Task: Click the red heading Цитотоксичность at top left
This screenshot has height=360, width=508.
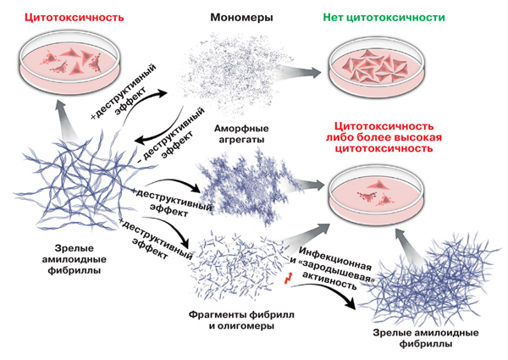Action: pos(75,17)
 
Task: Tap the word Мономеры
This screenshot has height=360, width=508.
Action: pos(241,17)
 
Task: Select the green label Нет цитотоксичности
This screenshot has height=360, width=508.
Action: pos(384,17)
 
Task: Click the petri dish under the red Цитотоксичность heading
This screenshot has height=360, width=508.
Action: pos(70,60)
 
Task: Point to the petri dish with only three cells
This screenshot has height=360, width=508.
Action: pos(376,196)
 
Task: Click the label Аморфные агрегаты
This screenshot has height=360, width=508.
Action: pos(241,134)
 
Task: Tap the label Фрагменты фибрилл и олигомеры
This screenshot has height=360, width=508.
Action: pos(241,320)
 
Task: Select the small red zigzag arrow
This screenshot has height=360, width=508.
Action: pos(289,278)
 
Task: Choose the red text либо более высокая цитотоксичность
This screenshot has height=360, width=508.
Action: pos(384,143)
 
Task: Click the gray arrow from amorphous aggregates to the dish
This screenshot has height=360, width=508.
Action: pos(306,186)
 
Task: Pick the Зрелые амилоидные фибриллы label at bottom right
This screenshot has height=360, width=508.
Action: pos(426,338)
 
